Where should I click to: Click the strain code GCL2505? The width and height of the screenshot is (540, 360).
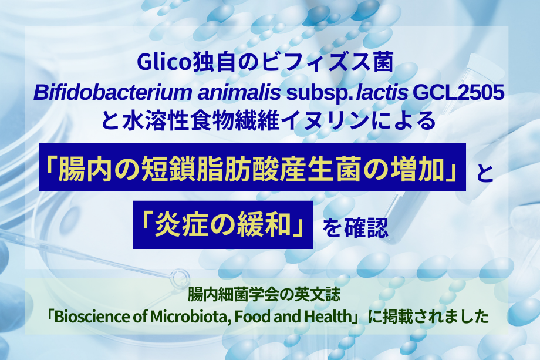coord(458,93)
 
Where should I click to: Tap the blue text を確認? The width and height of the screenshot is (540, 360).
coord(356,227)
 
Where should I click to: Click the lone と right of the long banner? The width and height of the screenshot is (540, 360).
coord(485,173)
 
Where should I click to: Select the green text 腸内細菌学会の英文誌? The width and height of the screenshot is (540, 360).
coord(264,295)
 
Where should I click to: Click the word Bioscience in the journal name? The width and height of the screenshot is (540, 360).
coord(93,317)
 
